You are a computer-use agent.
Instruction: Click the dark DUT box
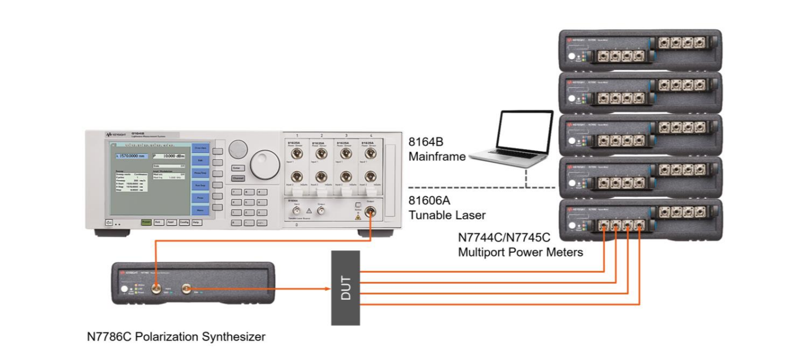point(345,287)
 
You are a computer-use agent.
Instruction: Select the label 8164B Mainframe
point(437,148)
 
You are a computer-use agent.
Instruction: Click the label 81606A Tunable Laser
point(447,207)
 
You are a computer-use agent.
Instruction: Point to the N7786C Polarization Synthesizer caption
point(176,337)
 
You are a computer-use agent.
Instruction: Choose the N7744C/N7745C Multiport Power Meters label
point(520,245)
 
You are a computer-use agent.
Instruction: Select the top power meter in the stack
point(640,50)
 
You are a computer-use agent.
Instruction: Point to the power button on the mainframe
point(108,222)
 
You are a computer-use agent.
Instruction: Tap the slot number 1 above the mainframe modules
point(298,134)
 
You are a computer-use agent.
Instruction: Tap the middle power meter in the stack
point(640,135)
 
